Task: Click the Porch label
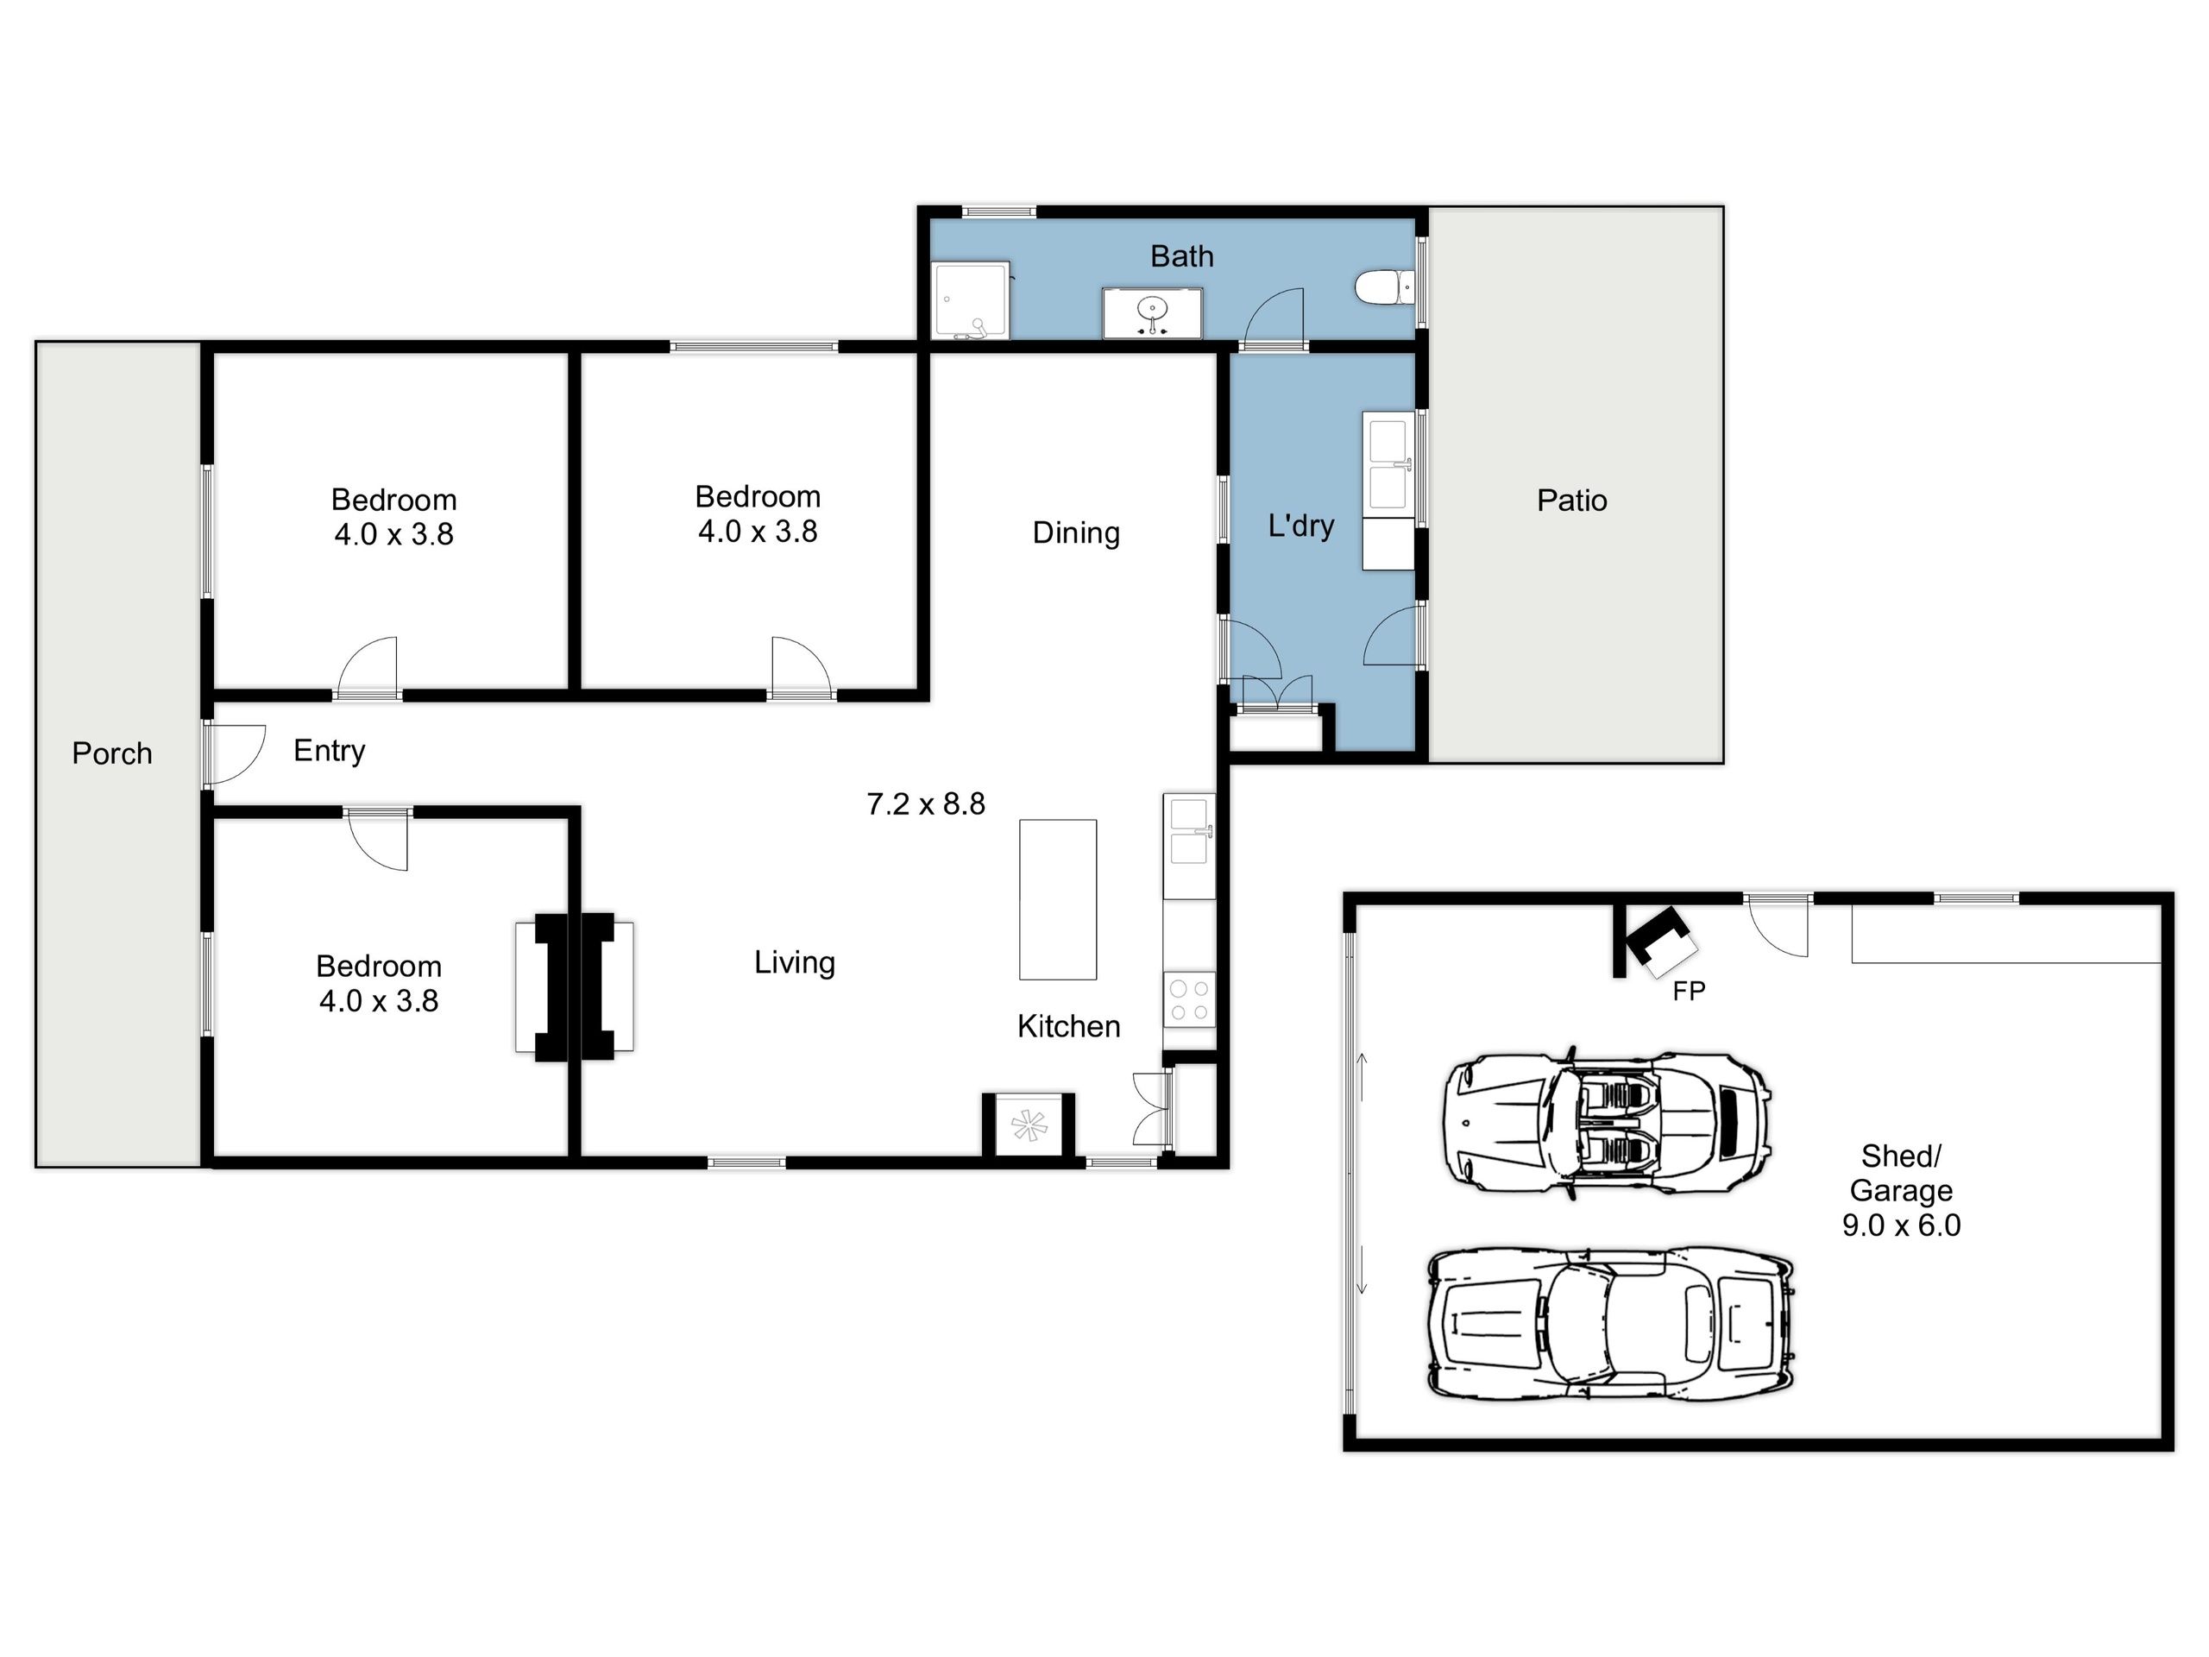(x=112, y=753)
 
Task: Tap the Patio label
(x=1572, y=501)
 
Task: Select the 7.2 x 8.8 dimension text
(x=926, y=804)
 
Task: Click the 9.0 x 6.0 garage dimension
(x=1902, y=1225)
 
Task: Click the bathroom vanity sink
(x=1153, y=312)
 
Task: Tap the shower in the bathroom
(x=971, y=300)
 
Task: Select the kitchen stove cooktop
(x=1189, y=999)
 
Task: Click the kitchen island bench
(x=1058, y=900)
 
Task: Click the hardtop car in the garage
(x=1611, y=1322)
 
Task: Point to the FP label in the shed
(x=1690, y=991)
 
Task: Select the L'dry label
(x=1301, y=526)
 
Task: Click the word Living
(x=794, y=963)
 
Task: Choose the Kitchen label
(x=1068, y=1027)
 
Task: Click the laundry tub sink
(x=1388, y=464)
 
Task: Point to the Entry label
(x=330, y=751)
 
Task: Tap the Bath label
(x=1182, y=256)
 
